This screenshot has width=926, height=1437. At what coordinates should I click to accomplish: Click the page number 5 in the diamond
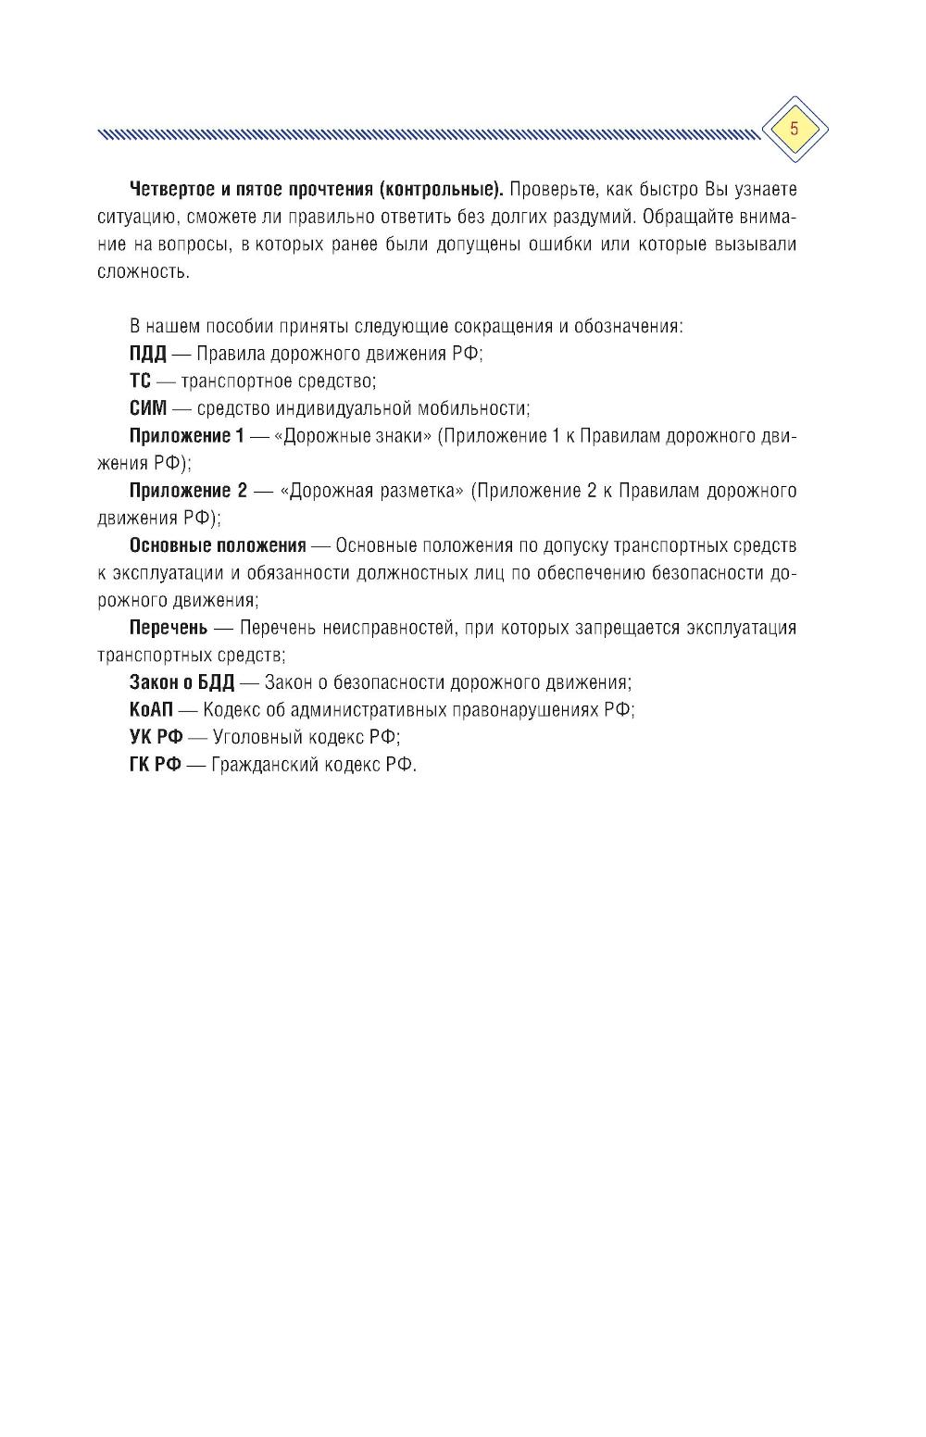click(x=794, y=129)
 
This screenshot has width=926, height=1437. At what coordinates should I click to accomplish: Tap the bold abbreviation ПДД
click(x=147, y=354)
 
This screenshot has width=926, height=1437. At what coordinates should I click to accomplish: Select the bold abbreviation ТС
click(x=140, y=381)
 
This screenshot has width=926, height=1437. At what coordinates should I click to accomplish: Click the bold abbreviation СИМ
click(x=148, y=408)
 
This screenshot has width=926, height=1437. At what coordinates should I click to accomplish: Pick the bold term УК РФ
click(x=156, y=738)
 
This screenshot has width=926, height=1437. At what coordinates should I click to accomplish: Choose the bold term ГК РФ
click(x=155, y=766)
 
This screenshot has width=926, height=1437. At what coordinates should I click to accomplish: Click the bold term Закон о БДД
click(x=181, y=682)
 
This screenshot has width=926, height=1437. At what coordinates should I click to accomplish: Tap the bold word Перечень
click(x=168, y=628)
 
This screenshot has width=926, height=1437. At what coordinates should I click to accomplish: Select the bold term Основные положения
click(x=217, y=545)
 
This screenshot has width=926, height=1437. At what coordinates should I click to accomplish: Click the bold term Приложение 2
click(x=188, y=491)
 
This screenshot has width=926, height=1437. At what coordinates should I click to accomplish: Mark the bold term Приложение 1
click(x=186, y=436)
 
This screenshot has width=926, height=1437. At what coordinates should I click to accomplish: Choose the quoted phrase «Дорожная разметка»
click(x=371, y=491)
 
